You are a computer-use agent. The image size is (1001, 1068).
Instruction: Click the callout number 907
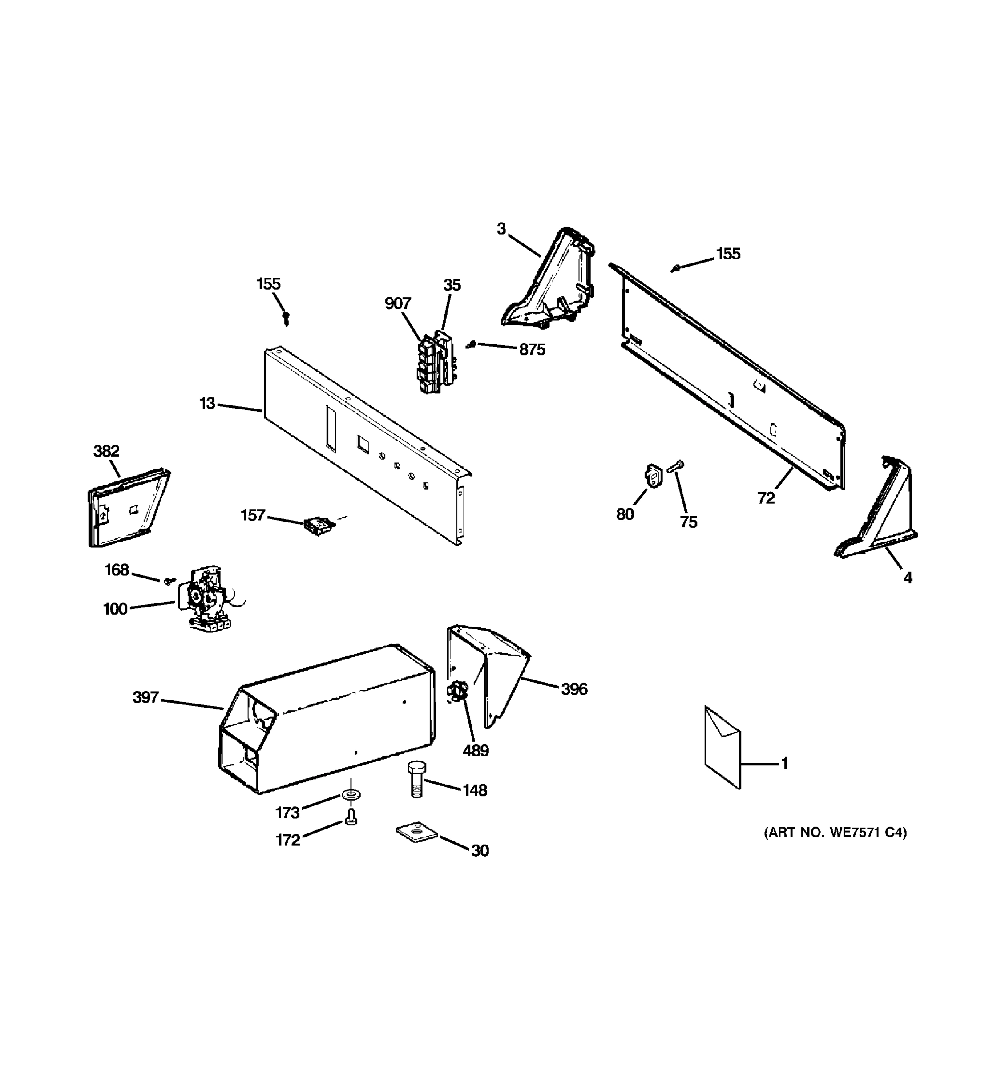click(x=397, y=304)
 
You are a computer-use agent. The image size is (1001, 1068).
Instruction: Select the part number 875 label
click(x=532, y=350)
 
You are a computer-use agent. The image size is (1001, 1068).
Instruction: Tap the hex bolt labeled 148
click(x=415, y=780)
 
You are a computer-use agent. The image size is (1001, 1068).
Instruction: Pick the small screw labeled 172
click(x=351, y=817)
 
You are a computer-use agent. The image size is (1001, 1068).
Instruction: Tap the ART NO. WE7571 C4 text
click(x=835, y=833)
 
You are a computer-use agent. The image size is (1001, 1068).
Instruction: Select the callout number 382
click(x=106, y=451)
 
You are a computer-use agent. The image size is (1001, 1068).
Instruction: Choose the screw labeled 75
click(x=676, y=466)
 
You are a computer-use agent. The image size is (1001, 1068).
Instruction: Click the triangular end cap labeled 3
click(x=553, y=282)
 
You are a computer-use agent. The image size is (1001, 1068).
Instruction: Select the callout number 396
click(x=574, y=689)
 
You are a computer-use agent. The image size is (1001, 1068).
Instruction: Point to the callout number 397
click(x=145, y=698)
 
